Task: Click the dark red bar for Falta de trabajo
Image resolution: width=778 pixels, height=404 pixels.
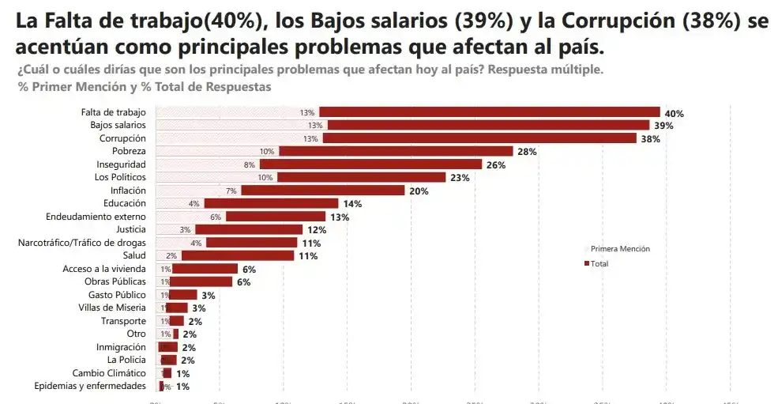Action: tap(489, 112)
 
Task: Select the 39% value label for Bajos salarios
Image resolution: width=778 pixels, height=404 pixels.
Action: tap(663, 126)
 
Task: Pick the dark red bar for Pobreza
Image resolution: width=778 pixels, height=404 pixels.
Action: tap(396, 151)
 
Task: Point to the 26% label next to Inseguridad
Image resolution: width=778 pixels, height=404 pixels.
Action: tap(496, 164)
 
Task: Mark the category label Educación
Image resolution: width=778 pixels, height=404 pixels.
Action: tap(125, 203)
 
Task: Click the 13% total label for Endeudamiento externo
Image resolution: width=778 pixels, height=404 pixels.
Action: tap(340, 217)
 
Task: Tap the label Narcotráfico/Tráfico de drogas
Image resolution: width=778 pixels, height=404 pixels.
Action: tap(82, 242)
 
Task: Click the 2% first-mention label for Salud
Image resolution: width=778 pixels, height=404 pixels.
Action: tap(171, 255)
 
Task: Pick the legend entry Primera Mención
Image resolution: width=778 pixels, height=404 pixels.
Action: tap(620, 249)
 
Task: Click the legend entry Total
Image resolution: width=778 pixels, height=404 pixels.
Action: tap(599, 263)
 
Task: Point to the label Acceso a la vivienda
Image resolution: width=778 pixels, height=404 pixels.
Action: tap(104, 269)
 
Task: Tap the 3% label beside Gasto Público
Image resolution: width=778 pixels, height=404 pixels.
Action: tap(209, 295)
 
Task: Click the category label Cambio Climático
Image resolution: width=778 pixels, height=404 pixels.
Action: tap(109, 373)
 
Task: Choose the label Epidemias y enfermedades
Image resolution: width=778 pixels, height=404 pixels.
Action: tap(90, 386)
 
